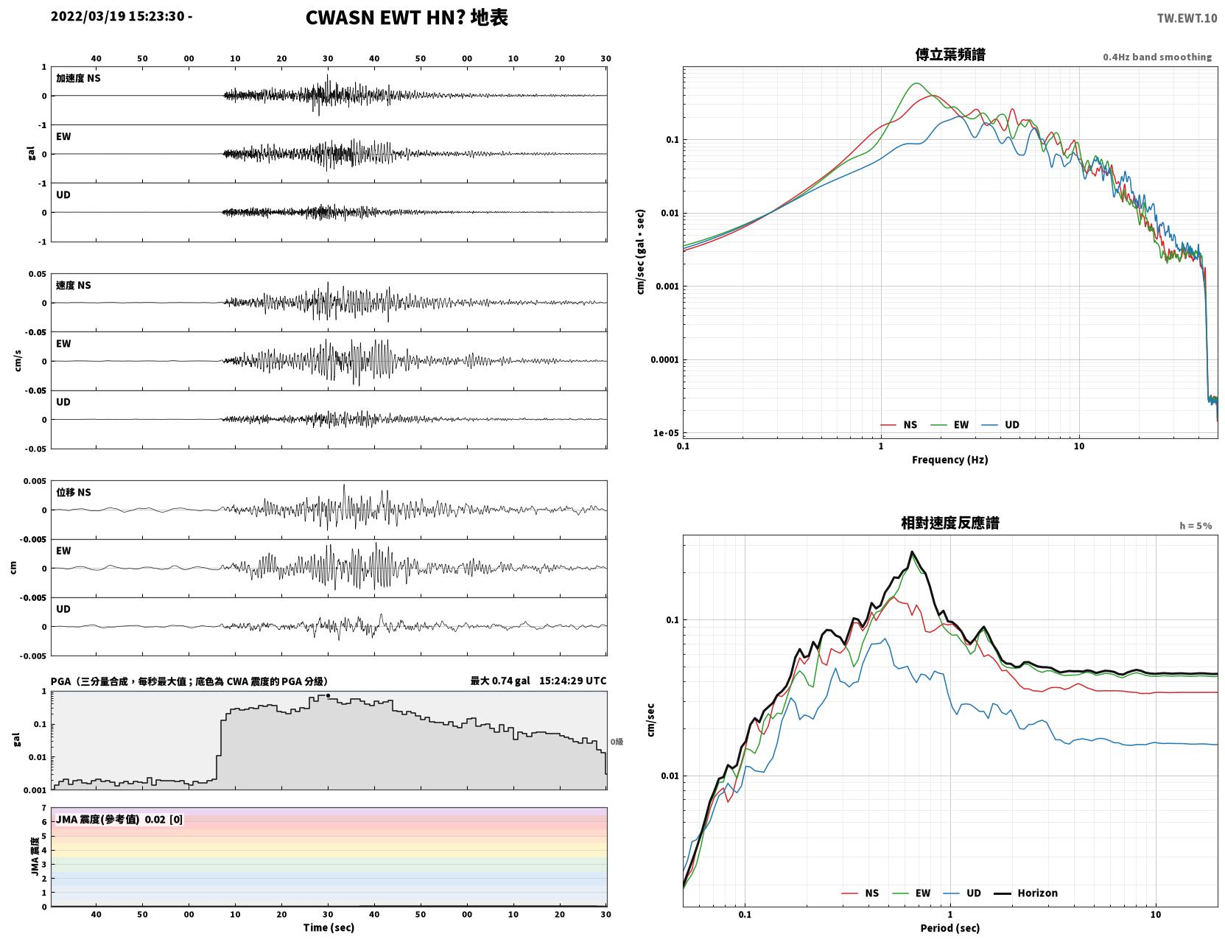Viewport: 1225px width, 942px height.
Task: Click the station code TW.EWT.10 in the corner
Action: click(1187, 18)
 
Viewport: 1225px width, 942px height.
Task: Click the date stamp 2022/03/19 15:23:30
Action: click(117, 16)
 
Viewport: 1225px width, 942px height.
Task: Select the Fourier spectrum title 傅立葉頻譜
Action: click(950, 55)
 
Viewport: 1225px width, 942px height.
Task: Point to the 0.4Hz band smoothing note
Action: click(1156, 57)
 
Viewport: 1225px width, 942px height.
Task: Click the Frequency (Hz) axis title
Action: click(950, 460)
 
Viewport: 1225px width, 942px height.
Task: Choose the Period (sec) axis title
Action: click(950, 928)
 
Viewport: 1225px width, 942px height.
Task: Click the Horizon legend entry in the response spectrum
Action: click(1025, 893)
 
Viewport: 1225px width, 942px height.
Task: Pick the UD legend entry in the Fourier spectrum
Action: click(1000, 425)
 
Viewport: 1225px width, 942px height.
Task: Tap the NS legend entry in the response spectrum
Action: click(860, 893)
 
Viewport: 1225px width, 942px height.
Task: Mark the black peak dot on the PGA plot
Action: click(328, 696)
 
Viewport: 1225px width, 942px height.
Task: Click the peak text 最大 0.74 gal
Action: click(500, 681)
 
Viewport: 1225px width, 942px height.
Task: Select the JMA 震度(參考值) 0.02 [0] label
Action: click(119, 819)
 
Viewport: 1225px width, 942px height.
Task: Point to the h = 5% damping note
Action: click(1195, 526)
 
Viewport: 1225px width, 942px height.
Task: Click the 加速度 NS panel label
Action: click(78, 78)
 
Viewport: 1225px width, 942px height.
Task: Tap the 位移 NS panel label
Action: click(73, 493)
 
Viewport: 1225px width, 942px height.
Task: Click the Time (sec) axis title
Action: click(329, 927)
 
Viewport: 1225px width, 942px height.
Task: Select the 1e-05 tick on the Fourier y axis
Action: click(666, 432)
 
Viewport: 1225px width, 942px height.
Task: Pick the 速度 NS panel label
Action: click(73, 286)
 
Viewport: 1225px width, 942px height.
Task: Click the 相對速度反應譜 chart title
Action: click(950, 523)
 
